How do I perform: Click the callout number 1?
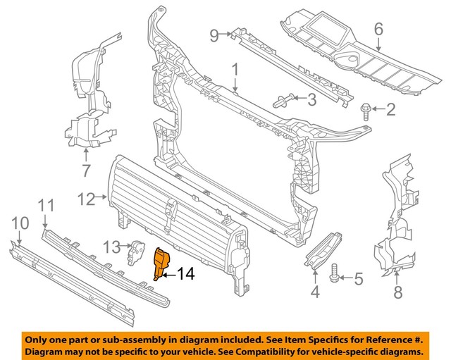point(235,70)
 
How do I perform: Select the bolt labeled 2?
point(366,108)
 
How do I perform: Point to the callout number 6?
point(378,30)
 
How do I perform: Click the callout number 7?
point(86,170)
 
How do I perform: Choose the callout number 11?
point(46,205)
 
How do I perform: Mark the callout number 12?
point(86,199)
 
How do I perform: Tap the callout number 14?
point(185,273)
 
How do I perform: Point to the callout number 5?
point(359,280)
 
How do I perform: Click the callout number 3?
point(311,99)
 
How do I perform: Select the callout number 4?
point(315,290)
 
